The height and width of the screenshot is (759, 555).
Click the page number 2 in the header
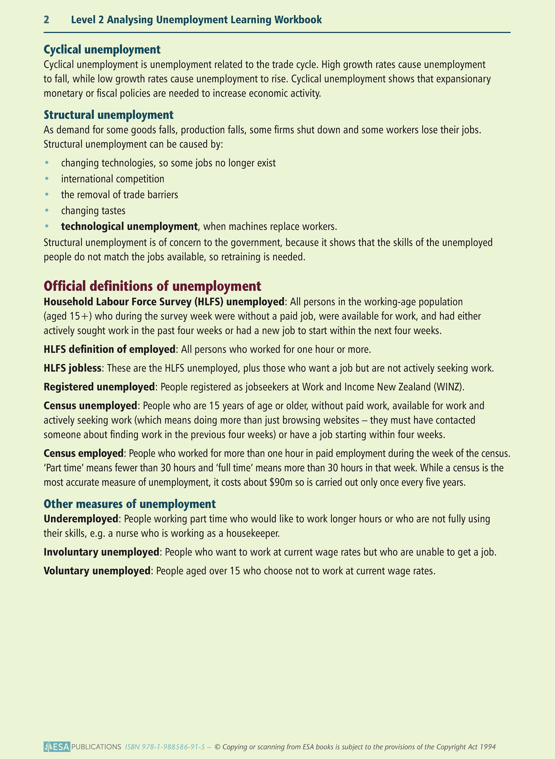tap(46, 20)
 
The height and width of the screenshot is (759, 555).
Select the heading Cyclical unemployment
tap(102, 50)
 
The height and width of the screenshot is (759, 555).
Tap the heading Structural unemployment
tap(108, 115)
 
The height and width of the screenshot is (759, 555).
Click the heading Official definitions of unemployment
tap(152, 286)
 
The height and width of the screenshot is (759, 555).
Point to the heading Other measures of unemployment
tap(129, 504)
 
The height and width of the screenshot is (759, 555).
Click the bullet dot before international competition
tap(47, 179)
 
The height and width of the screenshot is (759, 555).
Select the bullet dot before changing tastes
tap(47, 211)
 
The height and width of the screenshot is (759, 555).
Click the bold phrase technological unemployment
tap(129, 227)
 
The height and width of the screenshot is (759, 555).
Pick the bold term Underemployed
tap(81, 519)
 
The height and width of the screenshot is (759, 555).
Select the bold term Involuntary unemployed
tap(101, 552)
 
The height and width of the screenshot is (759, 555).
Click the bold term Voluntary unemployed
tap(97, 571)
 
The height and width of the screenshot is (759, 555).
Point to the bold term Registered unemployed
tap(99, 387)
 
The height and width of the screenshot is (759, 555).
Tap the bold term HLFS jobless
tap(72, 368)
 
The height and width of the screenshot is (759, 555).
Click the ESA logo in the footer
tap(57, 747)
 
